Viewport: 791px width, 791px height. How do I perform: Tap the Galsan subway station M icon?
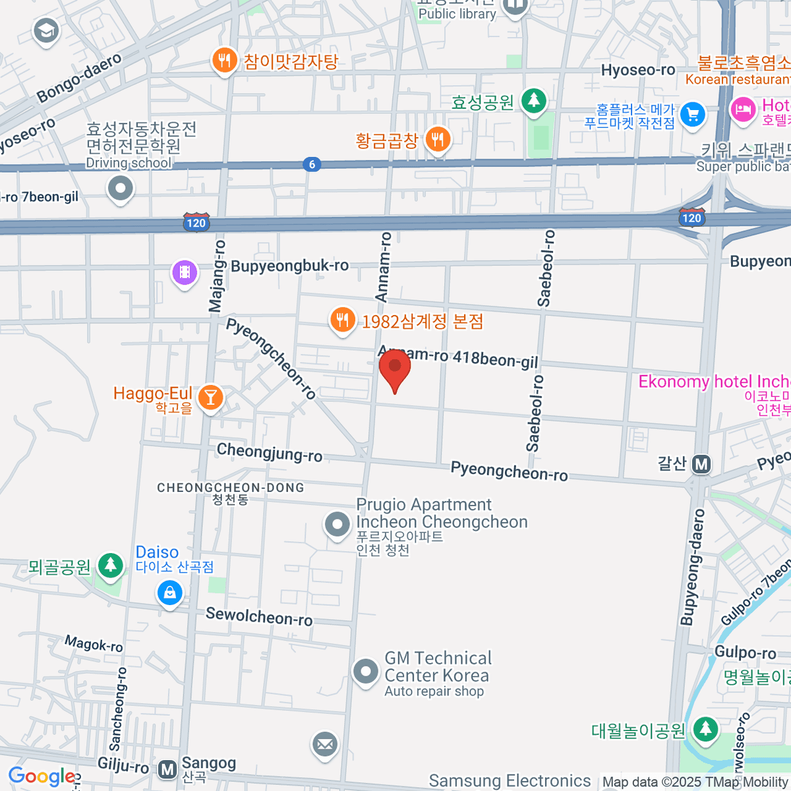701,465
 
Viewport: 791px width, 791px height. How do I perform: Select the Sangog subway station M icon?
167,769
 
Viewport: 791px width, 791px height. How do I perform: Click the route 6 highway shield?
312,164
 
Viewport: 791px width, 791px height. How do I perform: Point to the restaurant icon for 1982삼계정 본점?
342,320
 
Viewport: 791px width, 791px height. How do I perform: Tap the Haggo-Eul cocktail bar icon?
210,397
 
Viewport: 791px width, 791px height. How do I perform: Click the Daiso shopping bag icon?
169,593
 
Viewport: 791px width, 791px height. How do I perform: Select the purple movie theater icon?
185,272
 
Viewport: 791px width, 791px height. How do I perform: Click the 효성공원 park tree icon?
534,101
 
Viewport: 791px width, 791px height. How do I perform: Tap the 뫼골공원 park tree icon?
111,566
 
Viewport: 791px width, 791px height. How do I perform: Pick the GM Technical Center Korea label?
437,667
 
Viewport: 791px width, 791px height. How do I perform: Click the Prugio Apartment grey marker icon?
337,525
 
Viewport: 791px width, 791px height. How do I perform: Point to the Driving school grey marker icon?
121,189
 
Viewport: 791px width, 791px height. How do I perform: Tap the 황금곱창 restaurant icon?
438,139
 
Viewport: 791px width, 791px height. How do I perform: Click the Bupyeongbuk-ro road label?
289,266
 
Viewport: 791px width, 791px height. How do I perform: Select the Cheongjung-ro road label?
270,453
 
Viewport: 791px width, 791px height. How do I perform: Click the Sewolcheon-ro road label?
259,617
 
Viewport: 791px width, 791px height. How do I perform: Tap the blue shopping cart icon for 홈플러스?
692,115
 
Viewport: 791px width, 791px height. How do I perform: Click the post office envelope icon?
324,745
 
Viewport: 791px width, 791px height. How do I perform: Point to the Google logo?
42,776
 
